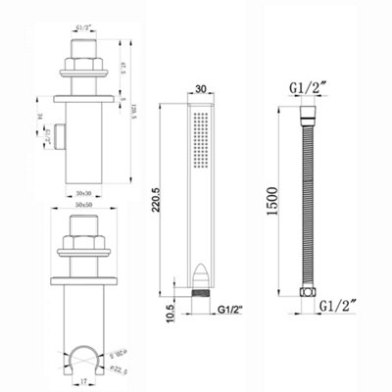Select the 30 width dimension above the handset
coord(200,87)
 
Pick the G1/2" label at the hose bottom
coord(339,305)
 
